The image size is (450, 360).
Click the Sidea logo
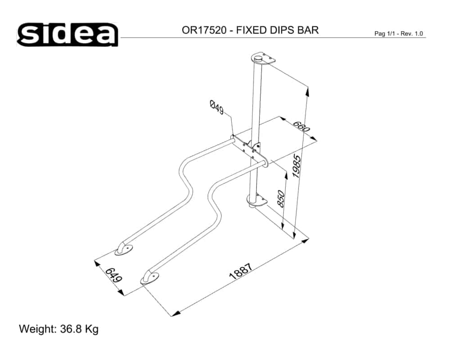[67, 34]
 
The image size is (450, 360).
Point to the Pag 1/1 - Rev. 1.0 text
[399, 34]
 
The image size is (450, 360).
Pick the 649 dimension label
[114, 275]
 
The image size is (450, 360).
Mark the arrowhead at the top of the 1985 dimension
[307, 91]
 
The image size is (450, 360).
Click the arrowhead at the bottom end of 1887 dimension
[175, 313]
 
